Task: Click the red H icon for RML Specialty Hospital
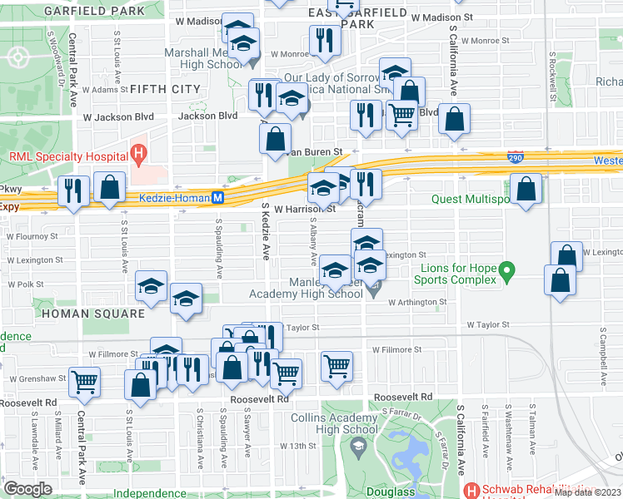[x=139, y=154]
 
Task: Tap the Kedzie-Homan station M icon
[x=217, y=198]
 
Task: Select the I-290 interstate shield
[x=517, y=156]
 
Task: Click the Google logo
[x=27, y=488]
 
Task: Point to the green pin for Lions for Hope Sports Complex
[x=503, y=271]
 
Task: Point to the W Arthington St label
[x=417, y=303]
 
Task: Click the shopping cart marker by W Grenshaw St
[x=85, y=382]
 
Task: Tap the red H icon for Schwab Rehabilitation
[x=472, y=490]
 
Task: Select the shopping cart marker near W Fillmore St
[x=336, y=364]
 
